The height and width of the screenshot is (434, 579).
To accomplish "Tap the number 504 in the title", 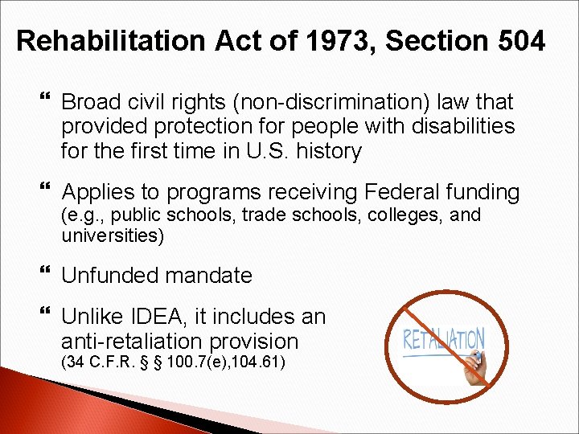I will [519, 41].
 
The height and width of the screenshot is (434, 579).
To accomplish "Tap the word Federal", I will [408, 192].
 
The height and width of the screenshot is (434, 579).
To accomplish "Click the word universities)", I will [113, 235].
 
